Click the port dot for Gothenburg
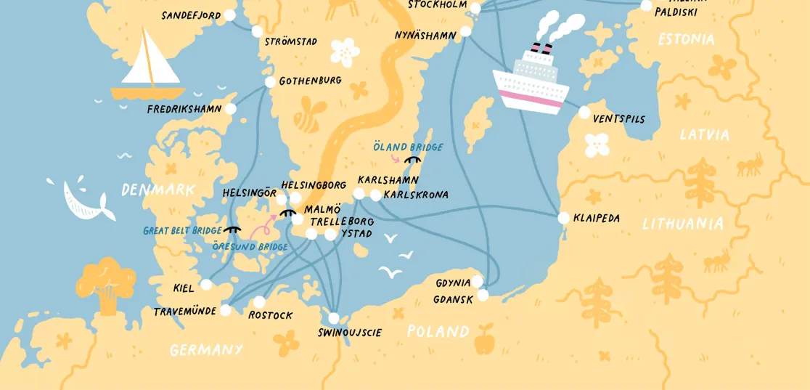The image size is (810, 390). pos(270,82)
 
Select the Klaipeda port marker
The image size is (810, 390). pos(563,218)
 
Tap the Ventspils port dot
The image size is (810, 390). pos(584,113)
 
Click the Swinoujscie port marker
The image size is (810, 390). pos(333,318)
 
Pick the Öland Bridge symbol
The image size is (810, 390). pos(413,159)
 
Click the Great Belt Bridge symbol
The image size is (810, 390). pos(232,229)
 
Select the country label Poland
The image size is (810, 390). pos(438,332)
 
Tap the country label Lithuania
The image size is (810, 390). pos(683,224)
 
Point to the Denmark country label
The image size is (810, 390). pos(157,190)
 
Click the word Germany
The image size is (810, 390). pos(206,350)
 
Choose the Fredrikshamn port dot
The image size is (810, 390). pos(231,109)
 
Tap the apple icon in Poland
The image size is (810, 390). pos(483,338)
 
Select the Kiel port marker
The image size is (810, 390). pos(206,285)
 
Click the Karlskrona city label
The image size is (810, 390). pos(416,195)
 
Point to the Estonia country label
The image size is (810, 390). pos(686,39)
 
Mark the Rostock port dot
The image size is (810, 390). pos(260,302)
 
